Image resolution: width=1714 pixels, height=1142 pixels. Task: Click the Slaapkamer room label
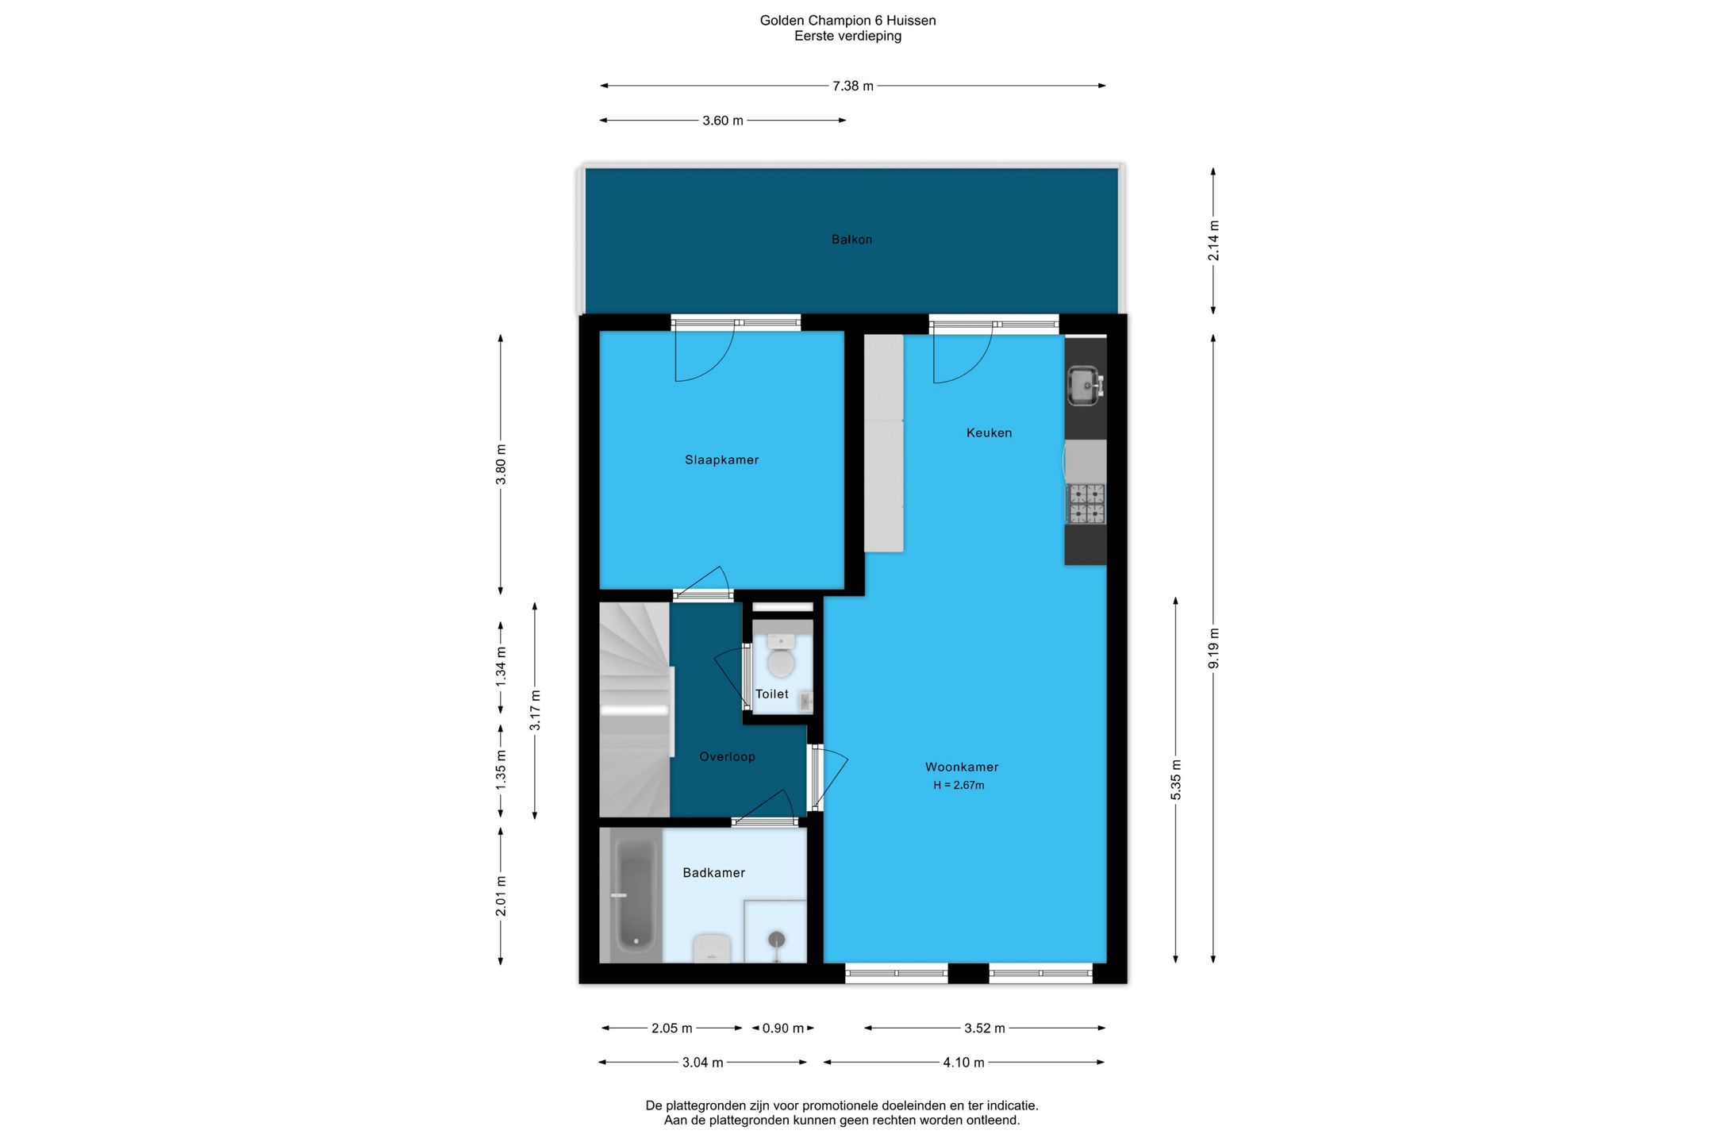click(x=721, y=459)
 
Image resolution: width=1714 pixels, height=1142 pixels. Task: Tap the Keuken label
click(x=989, y=433)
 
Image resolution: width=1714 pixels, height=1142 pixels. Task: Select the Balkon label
click(x=851, y=239)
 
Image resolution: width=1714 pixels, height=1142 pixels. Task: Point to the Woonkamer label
click(x=962, y=767)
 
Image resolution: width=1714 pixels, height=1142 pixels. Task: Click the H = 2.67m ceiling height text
click(x=959, y=785)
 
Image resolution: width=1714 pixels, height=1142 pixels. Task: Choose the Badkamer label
click(x=714, y=872)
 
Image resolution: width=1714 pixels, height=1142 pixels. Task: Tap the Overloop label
click(x=727, y=756)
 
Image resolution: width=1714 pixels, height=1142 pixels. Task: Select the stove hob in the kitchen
click(x=1086, y=504)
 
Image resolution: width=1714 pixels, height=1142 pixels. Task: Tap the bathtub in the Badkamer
click(x=636, y=894)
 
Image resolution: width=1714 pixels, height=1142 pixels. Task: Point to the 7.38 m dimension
click(x=853, y=86)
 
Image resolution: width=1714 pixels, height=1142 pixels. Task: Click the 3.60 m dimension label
click(x=723, y=121)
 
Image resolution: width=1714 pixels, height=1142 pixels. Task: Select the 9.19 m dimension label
click(x=1213, y=648)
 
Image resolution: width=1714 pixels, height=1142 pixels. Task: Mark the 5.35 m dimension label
click(x=1176, y=779)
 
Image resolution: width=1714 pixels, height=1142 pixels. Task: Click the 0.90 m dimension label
click(x=783, y=1029)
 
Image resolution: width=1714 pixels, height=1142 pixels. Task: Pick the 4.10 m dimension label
click(x=963, y=1063)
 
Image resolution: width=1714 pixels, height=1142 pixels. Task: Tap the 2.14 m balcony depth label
click(x=1213, y=240)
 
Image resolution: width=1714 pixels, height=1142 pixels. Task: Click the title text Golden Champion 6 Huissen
click(x=847, y=21)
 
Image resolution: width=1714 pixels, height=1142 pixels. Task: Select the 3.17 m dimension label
click(x=535, y=710)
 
